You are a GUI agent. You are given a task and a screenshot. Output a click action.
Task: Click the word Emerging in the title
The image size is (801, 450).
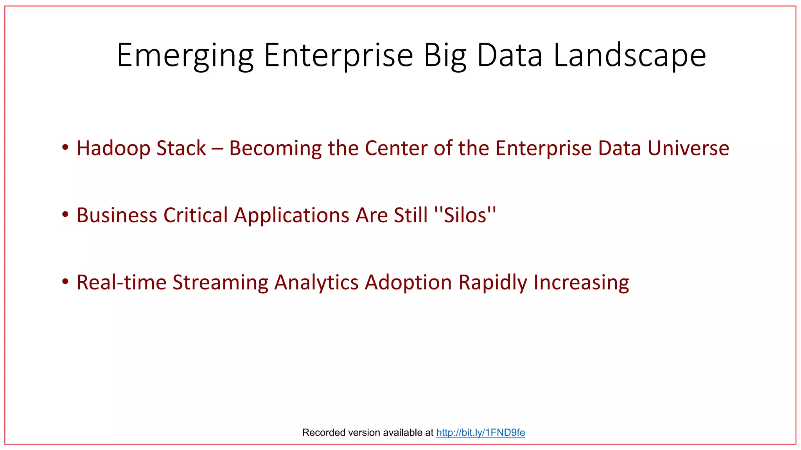coord(185,55)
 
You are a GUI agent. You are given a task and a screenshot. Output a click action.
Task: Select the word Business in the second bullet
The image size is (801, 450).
coord(117,215)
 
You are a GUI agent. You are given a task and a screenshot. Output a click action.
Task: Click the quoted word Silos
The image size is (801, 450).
coord(465,215)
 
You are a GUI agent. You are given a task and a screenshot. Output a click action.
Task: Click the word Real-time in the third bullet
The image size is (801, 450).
coord(121,282)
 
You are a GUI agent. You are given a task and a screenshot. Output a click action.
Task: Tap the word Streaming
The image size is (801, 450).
coord(220,282)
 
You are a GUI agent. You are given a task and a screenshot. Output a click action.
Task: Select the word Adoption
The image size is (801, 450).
coord(408,282)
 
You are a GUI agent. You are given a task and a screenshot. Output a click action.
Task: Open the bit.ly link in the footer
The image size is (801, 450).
coord(480,432)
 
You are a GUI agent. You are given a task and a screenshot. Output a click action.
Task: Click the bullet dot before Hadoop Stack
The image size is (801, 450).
coord(65,147)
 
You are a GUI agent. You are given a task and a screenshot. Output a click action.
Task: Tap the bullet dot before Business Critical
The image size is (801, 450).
coord(65,214)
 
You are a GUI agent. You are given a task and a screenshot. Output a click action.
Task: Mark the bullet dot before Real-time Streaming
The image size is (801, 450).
coord(65,281)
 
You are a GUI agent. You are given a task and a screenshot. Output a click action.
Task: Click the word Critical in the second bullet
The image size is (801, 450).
coord(196,215)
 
